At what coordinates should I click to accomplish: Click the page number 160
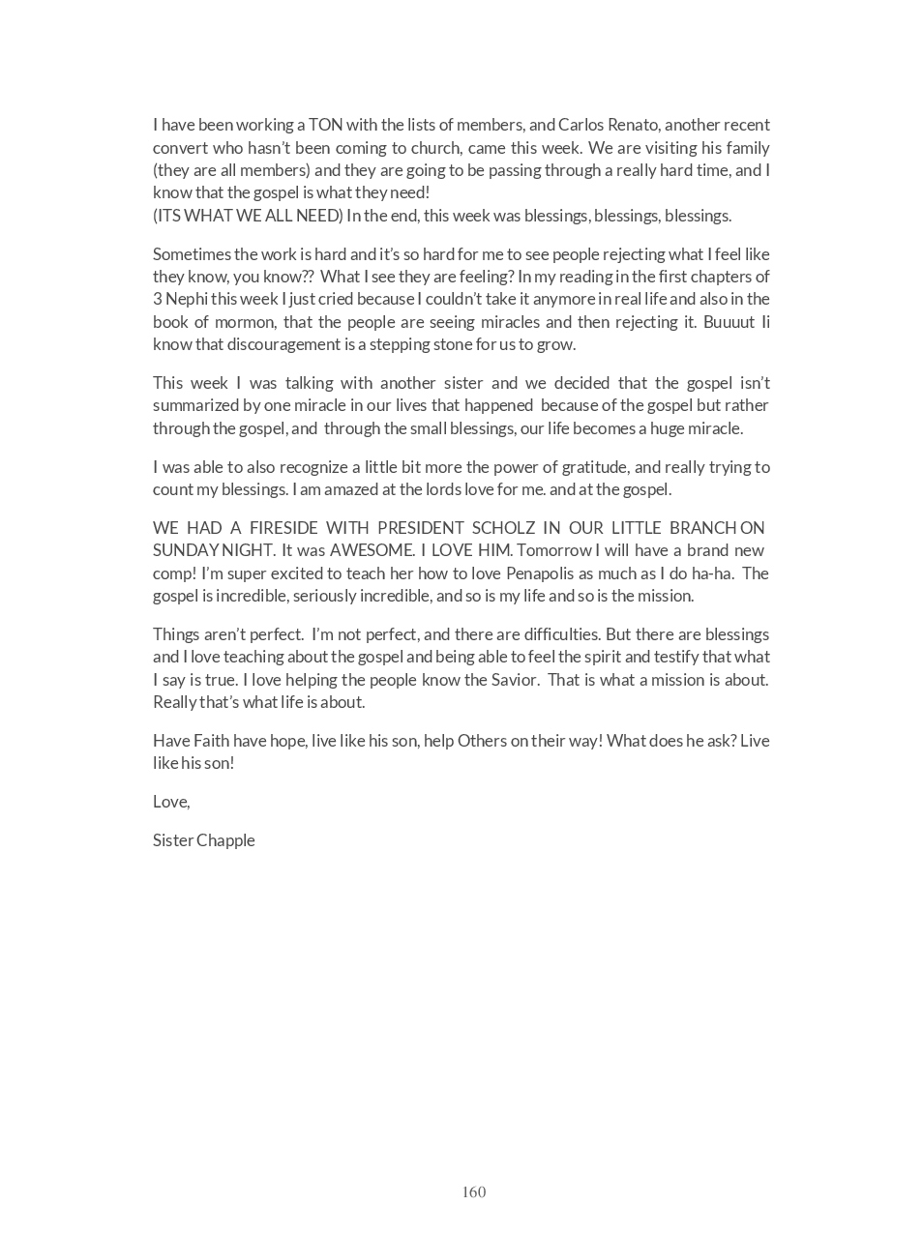point(473,1191)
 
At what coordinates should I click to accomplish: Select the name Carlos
point(580,125)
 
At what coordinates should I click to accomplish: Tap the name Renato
point(632,125)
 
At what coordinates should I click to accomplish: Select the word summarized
point(196,405)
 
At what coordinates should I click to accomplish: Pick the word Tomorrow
point(559,550)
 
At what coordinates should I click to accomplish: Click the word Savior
point(513,679)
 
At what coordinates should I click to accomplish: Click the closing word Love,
point(171,802)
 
